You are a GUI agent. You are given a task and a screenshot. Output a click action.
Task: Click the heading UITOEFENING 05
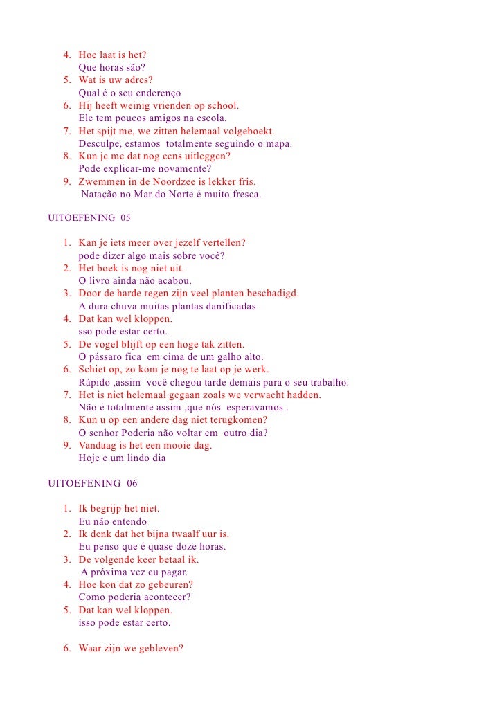pos(89,218)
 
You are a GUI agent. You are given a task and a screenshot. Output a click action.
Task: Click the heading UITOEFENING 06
pos(89,483)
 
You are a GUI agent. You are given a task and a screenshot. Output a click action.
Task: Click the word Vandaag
pos(98,445)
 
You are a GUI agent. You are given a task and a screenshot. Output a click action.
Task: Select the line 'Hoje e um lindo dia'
pos(122,458)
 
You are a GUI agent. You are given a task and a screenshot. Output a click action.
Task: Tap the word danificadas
pos(228,306)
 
